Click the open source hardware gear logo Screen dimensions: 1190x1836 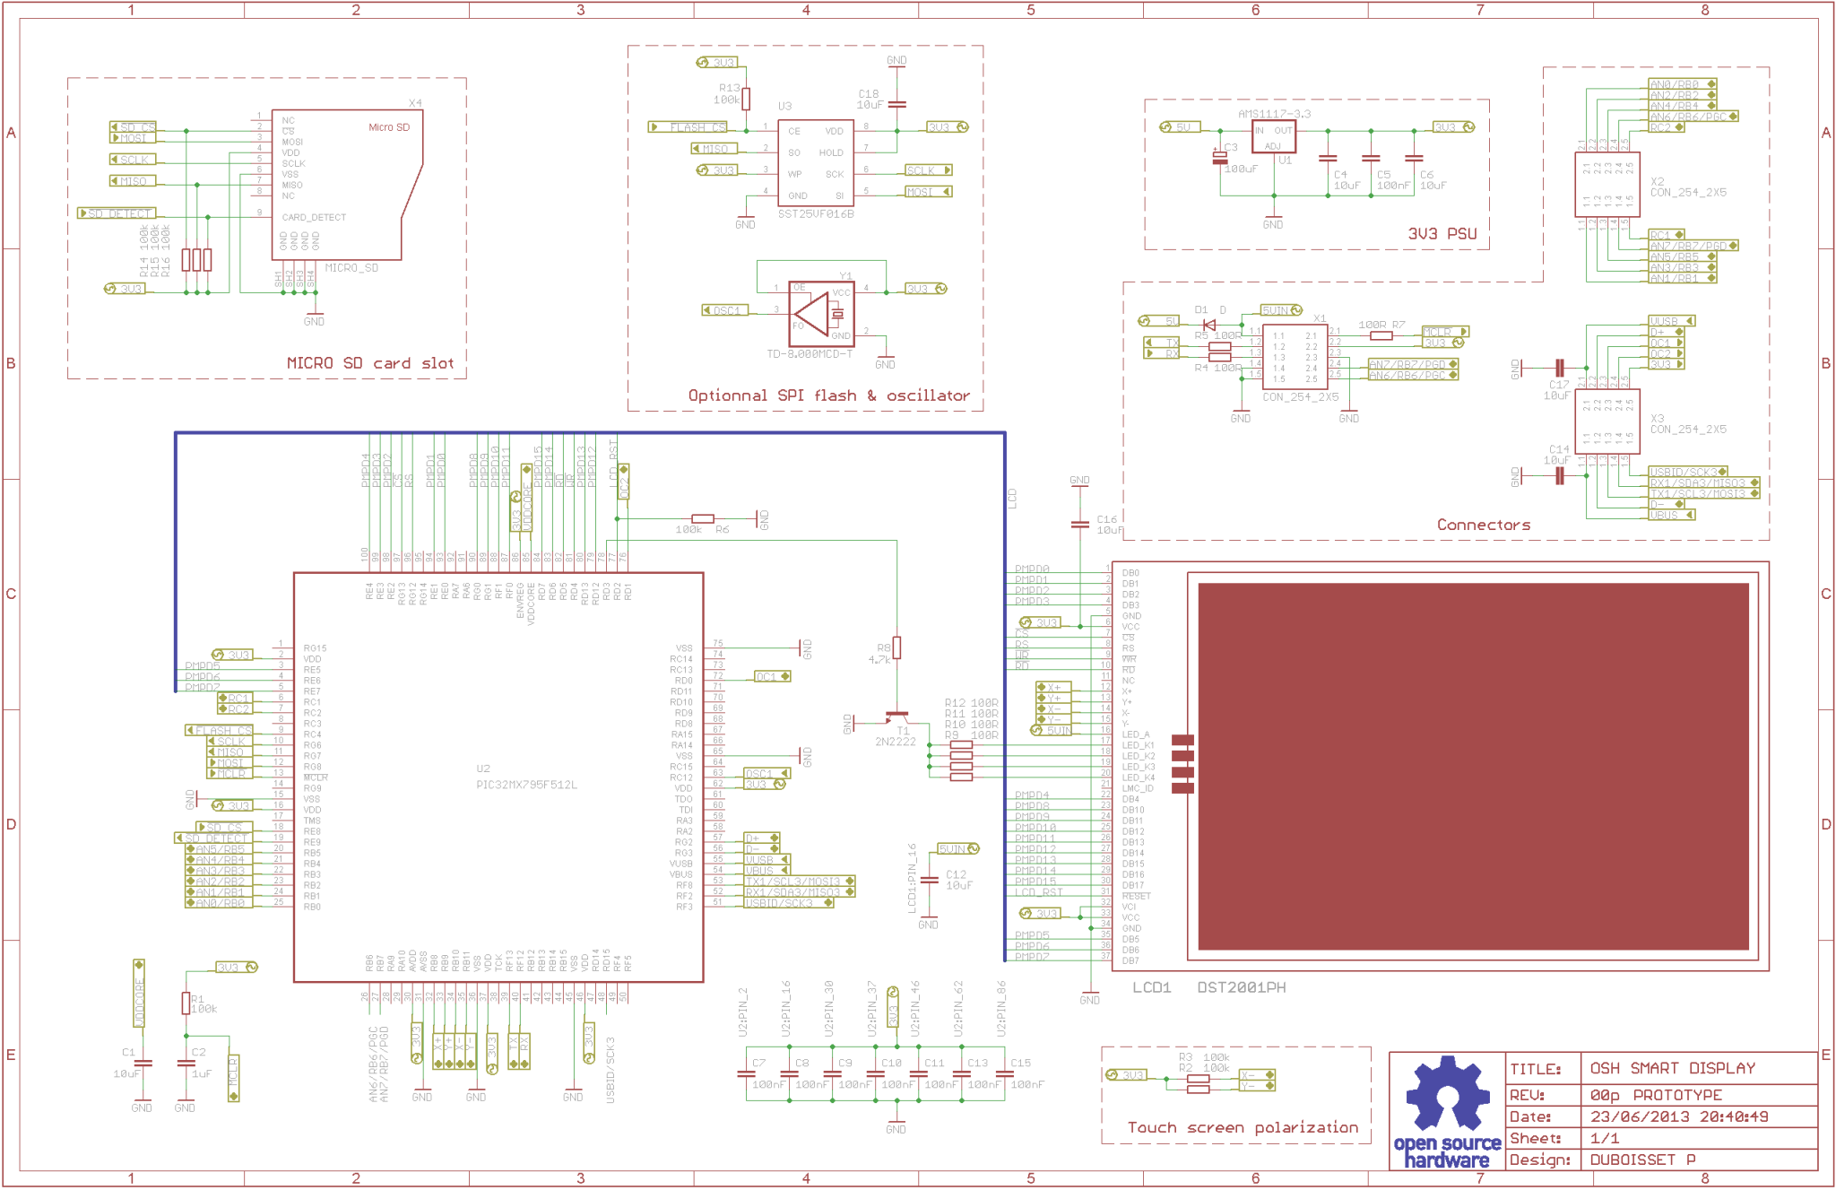coord(1446,1095)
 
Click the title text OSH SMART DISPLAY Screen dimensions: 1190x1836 coord(1672,1068)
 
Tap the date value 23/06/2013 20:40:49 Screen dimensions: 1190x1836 coord(1677,1116)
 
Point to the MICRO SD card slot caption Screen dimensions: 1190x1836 coord(369,363)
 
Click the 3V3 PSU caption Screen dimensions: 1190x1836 coord(1442,234)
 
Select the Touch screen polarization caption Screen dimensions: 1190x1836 coord(1243,1127)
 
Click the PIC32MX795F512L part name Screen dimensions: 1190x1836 coord(526,785)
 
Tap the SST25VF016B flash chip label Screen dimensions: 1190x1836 coord(815,214)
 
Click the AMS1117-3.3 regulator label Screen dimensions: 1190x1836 coord(1273,114)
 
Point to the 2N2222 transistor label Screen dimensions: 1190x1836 coord(895,742)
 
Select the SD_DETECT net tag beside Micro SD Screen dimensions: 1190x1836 coord(117,213)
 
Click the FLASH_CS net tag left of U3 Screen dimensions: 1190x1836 coord(689,127)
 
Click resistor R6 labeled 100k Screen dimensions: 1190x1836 coord(703,519)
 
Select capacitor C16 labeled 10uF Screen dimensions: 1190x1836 coord(1079,524)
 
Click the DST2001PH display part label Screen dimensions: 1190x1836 coord(1241,987)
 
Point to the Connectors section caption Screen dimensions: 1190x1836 coord(1483,525)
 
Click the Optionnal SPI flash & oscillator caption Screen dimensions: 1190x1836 coord(828,395)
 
